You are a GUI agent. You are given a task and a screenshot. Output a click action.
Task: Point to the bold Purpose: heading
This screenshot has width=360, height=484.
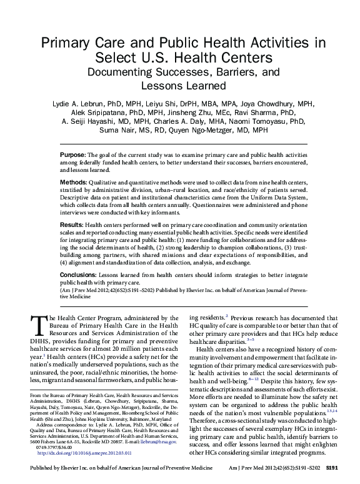pos(73,154)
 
